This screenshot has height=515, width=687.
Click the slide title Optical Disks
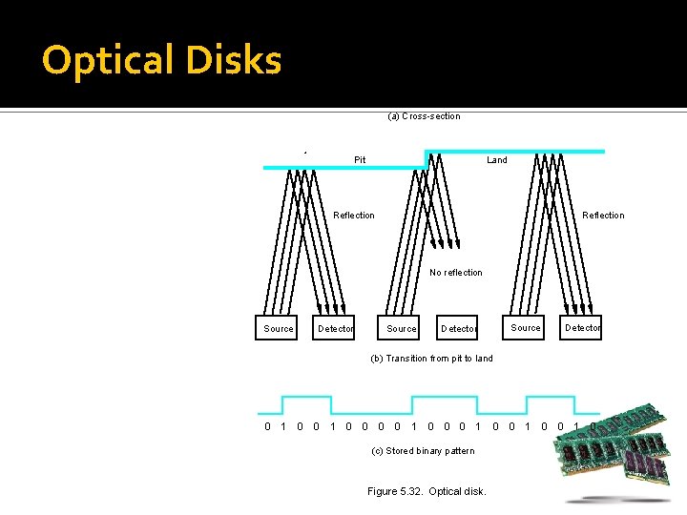click(161, 61)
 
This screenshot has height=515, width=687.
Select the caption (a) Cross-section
click(424, 116)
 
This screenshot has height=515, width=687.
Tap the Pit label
click(360, 160)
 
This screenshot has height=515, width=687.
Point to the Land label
click(497, 160)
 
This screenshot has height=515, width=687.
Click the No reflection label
click(456, 273)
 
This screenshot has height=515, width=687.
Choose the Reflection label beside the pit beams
click(354, 216)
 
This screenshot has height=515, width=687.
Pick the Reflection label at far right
click(603, 216)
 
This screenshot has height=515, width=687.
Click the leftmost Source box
click(279, 328)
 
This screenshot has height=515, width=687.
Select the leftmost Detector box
click(335, 328)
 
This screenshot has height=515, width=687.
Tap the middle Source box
click(402, 328)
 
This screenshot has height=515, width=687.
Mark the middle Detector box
click(458, 328)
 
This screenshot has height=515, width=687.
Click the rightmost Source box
click(526, 327)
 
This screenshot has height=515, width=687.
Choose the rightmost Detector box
click(582, 327)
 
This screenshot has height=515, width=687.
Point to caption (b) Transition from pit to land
click(431, 359)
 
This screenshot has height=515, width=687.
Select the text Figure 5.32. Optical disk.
click(427, 491)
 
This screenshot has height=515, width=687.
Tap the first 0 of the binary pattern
click(267, 426)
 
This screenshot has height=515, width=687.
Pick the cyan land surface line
click(515, 151)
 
